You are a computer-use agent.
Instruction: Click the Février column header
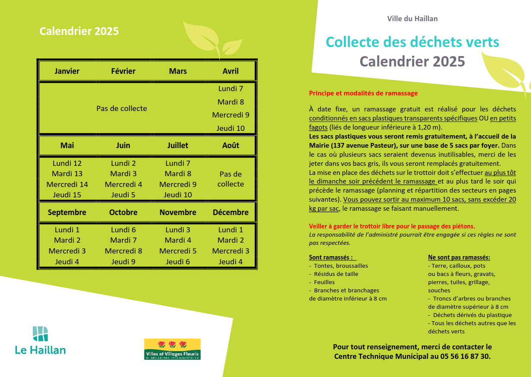coord(123,71)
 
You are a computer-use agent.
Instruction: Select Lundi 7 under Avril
coord(230,89)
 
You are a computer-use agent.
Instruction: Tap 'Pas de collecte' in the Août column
coord(230,179)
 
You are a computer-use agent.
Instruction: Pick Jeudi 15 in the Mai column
coord(67,195)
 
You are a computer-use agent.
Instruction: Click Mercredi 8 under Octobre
coord(123,251)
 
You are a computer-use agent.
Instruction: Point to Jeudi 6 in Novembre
coord(178,262)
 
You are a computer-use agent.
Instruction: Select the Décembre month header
coord(230,212)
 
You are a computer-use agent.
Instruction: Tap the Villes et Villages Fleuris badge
coord(172,349)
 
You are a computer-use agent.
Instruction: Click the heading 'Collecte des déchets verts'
coord(412,42)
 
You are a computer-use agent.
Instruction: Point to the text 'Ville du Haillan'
coord(412,19)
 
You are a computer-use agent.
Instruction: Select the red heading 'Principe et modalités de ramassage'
coord(363,93)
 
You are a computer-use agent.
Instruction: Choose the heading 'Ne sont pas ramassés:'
coord(459,257)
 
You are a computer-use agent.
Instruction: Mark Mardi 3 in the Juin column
coord(123,174)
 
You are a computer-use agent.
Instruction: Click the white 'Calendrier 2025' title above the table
coord(79,31)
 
